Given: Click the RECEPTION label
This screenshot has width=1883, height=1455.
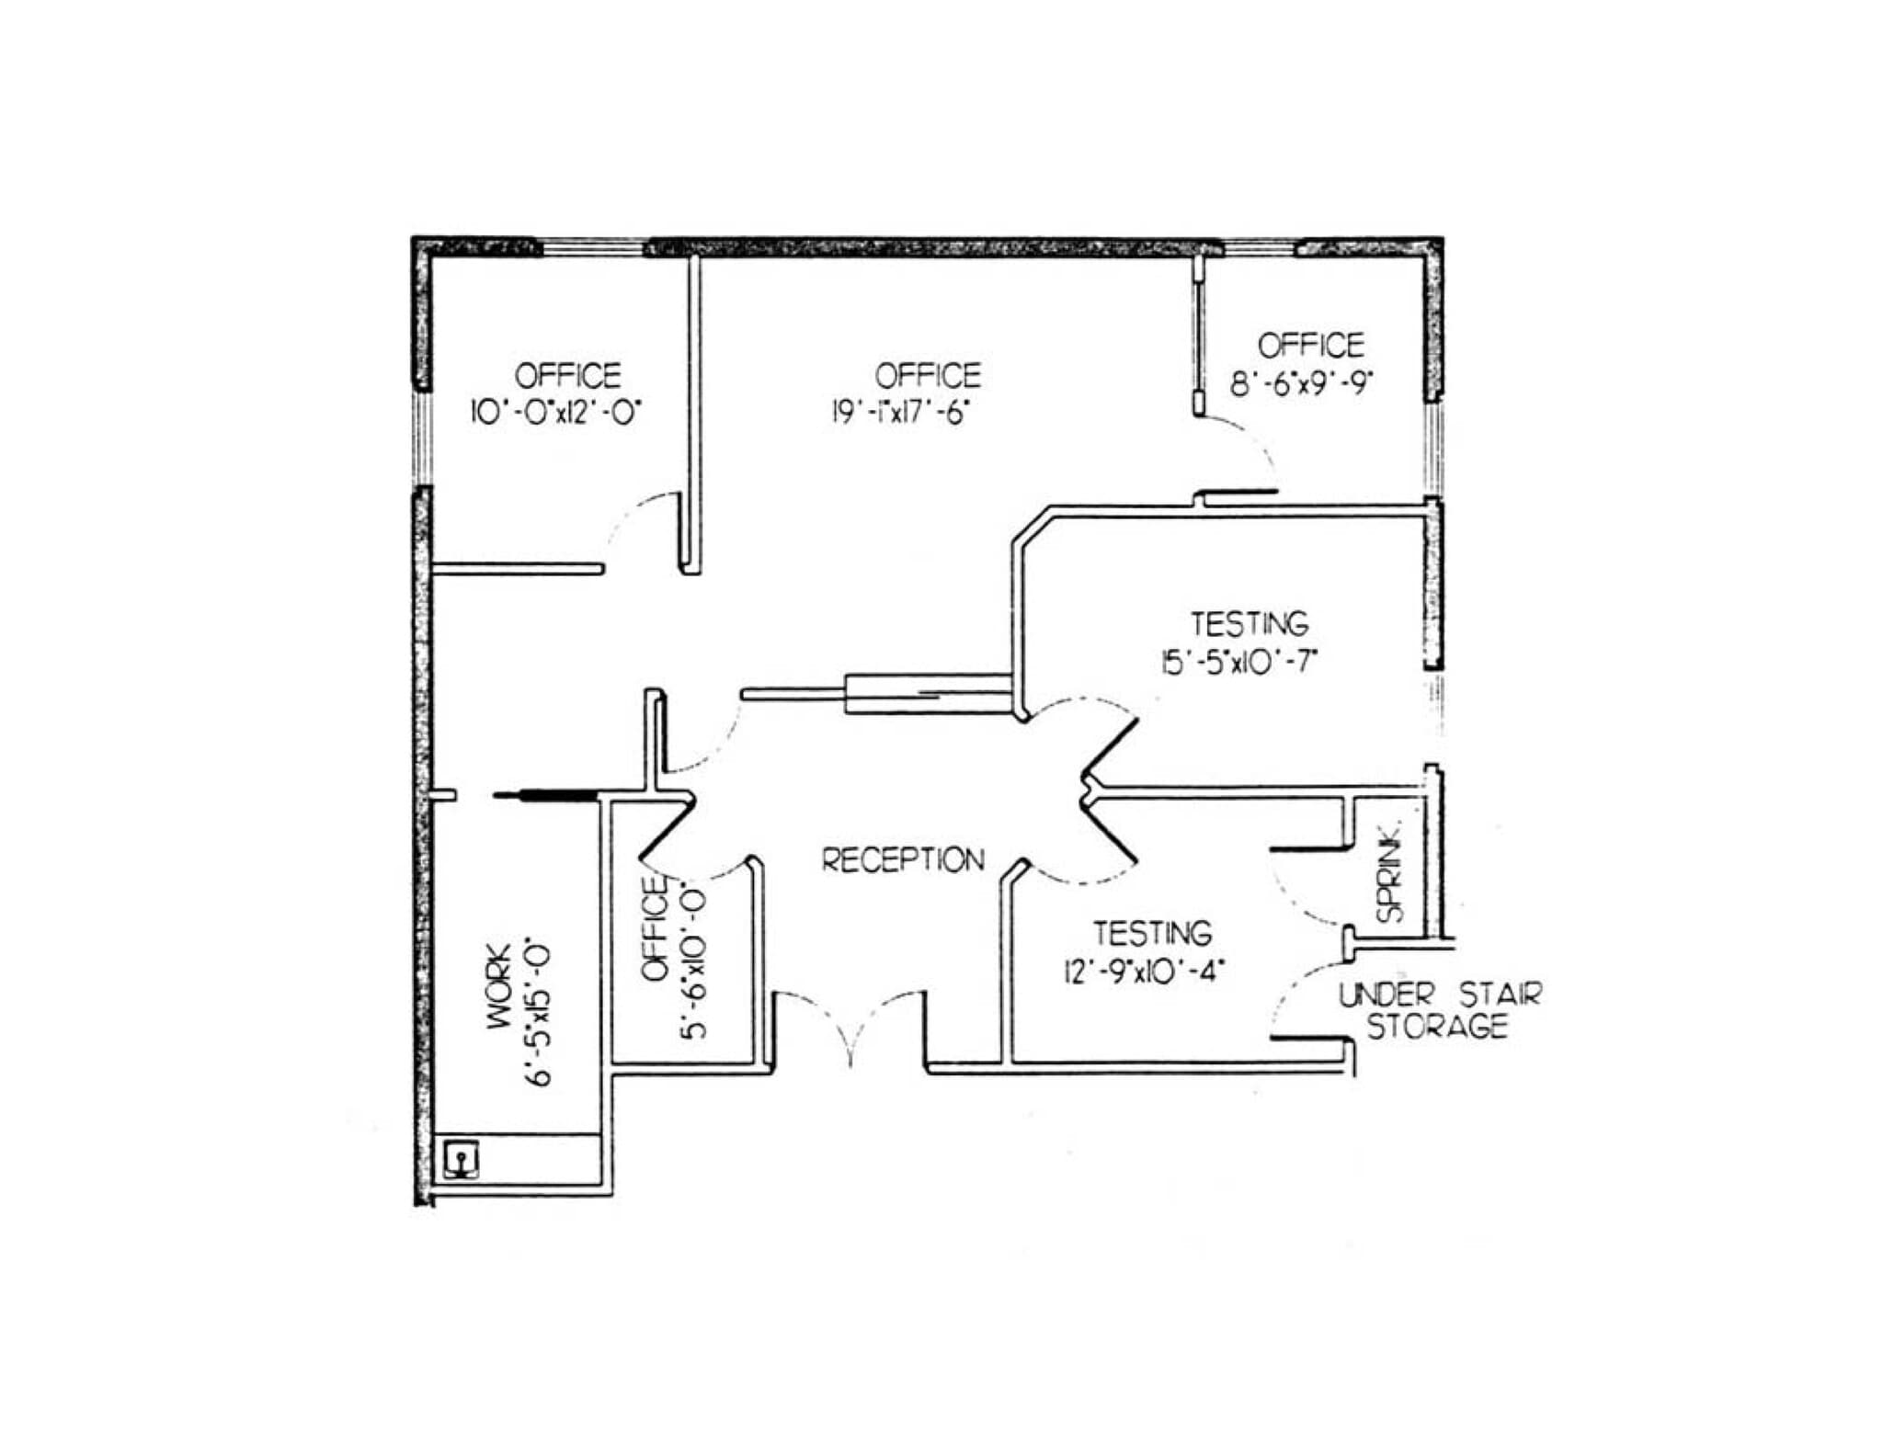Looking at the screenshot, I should click(902, 860).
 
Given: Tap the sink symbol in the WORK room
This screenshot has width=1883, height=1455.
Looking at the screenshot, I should click(461, 1160).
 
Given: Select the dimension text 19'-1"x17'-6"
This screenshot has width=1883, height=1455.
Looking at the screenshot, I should click(901, 413).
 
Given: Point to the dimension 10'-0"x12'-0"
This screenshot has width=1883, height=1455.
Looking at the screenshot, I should click(554, 411).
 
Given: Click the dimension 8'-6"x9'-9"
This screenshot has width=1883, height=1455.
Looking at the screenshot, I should click(1300, 381).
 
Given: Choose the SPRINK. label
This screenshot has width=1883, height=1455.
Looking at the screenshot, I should click(1389, 870).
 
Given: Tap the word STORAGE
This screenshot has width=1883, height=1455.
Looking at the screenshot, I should click(1437, 1026).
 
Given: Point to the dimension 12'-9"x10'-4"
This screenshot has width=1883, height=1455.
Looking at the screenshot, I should click(1145, 971).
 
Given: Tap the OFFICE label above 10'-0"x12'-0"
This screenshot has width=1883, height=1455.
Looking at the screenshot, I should click(567, 375).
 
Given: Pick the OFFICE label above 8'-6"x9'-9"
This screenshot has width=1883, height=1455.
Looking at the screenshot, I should click(1310, 346).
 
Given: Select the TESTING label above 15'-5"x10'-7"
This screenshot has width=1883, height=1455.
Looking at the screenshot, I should click(1250, 624).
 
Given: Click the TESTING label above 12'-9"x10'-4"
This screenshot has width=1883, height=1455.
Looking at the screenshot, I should click(1152, 934).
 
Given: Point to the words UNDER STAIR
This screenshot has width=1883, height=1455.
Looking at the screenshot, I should click(1439, 994).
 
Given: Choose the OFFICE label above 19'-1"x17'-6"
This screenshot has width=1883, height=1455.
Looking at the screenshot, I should click(927, 375).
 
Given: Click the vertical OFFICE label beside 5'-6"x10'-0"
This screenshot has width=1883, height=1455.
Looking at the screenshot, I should click(654, 928).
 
